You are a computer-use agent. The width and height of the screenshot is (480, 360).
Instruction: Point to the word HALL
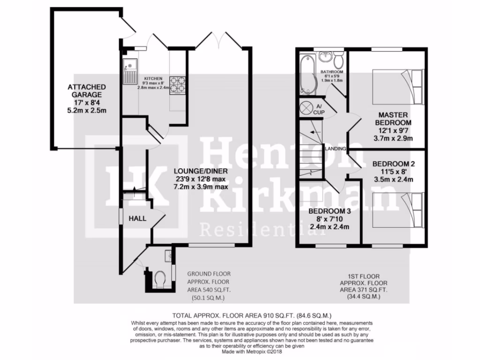(137, 218)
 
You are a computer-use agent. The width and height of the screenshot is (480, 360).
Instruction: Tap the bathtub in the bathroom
(308, 74)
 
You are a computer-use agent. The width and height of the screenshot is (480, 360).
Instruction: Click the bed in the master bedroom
(398, 87)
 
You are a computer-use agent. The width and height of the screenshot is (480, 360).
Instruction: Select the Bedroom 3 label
(330, 211)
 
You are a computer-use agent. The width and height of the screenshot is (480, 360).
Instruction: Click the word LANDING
(336, 149)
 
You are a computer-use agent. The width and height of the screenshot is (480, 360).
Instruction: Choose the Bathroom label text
(332, 72)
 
